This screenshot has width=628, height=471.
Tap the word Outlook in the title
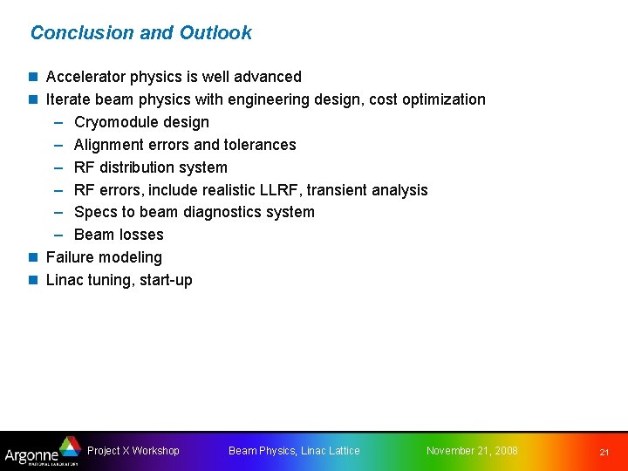[x=215, y=33]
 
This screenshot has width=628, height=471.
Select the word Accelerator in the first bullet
[x=88, y=77]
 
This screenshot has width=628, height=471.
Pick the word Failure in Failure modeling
[x=68, y=257]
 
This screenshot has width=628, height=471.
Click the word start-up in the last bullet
[x=166, y=280]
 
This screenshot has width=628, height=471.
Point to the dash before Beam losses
[x=58, y=235]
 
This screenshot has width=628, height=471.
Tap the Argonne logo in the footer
[x=42, y=451]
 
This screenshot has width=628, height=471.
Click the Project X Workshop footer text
[x=133, y=451]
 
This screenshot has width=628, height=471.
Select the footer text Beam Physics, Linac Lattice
[x=294, y=451]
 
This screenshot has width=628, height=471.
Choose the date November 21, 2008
[x=472, y=451]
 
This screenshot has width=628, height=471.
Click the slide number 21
[x=604, y=452]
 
